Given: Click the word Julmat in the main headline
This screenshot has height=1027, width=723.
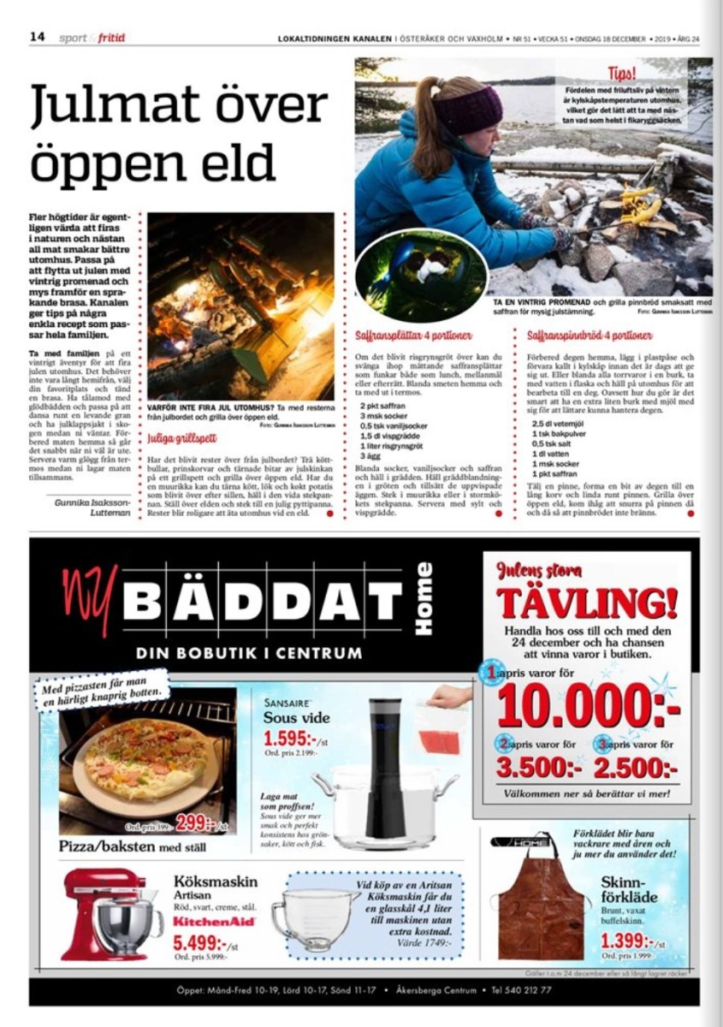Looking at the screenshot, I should coord(110,108).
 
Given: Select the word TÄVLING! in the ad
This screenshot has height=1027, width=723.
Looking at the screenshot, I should coord(587,603).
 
